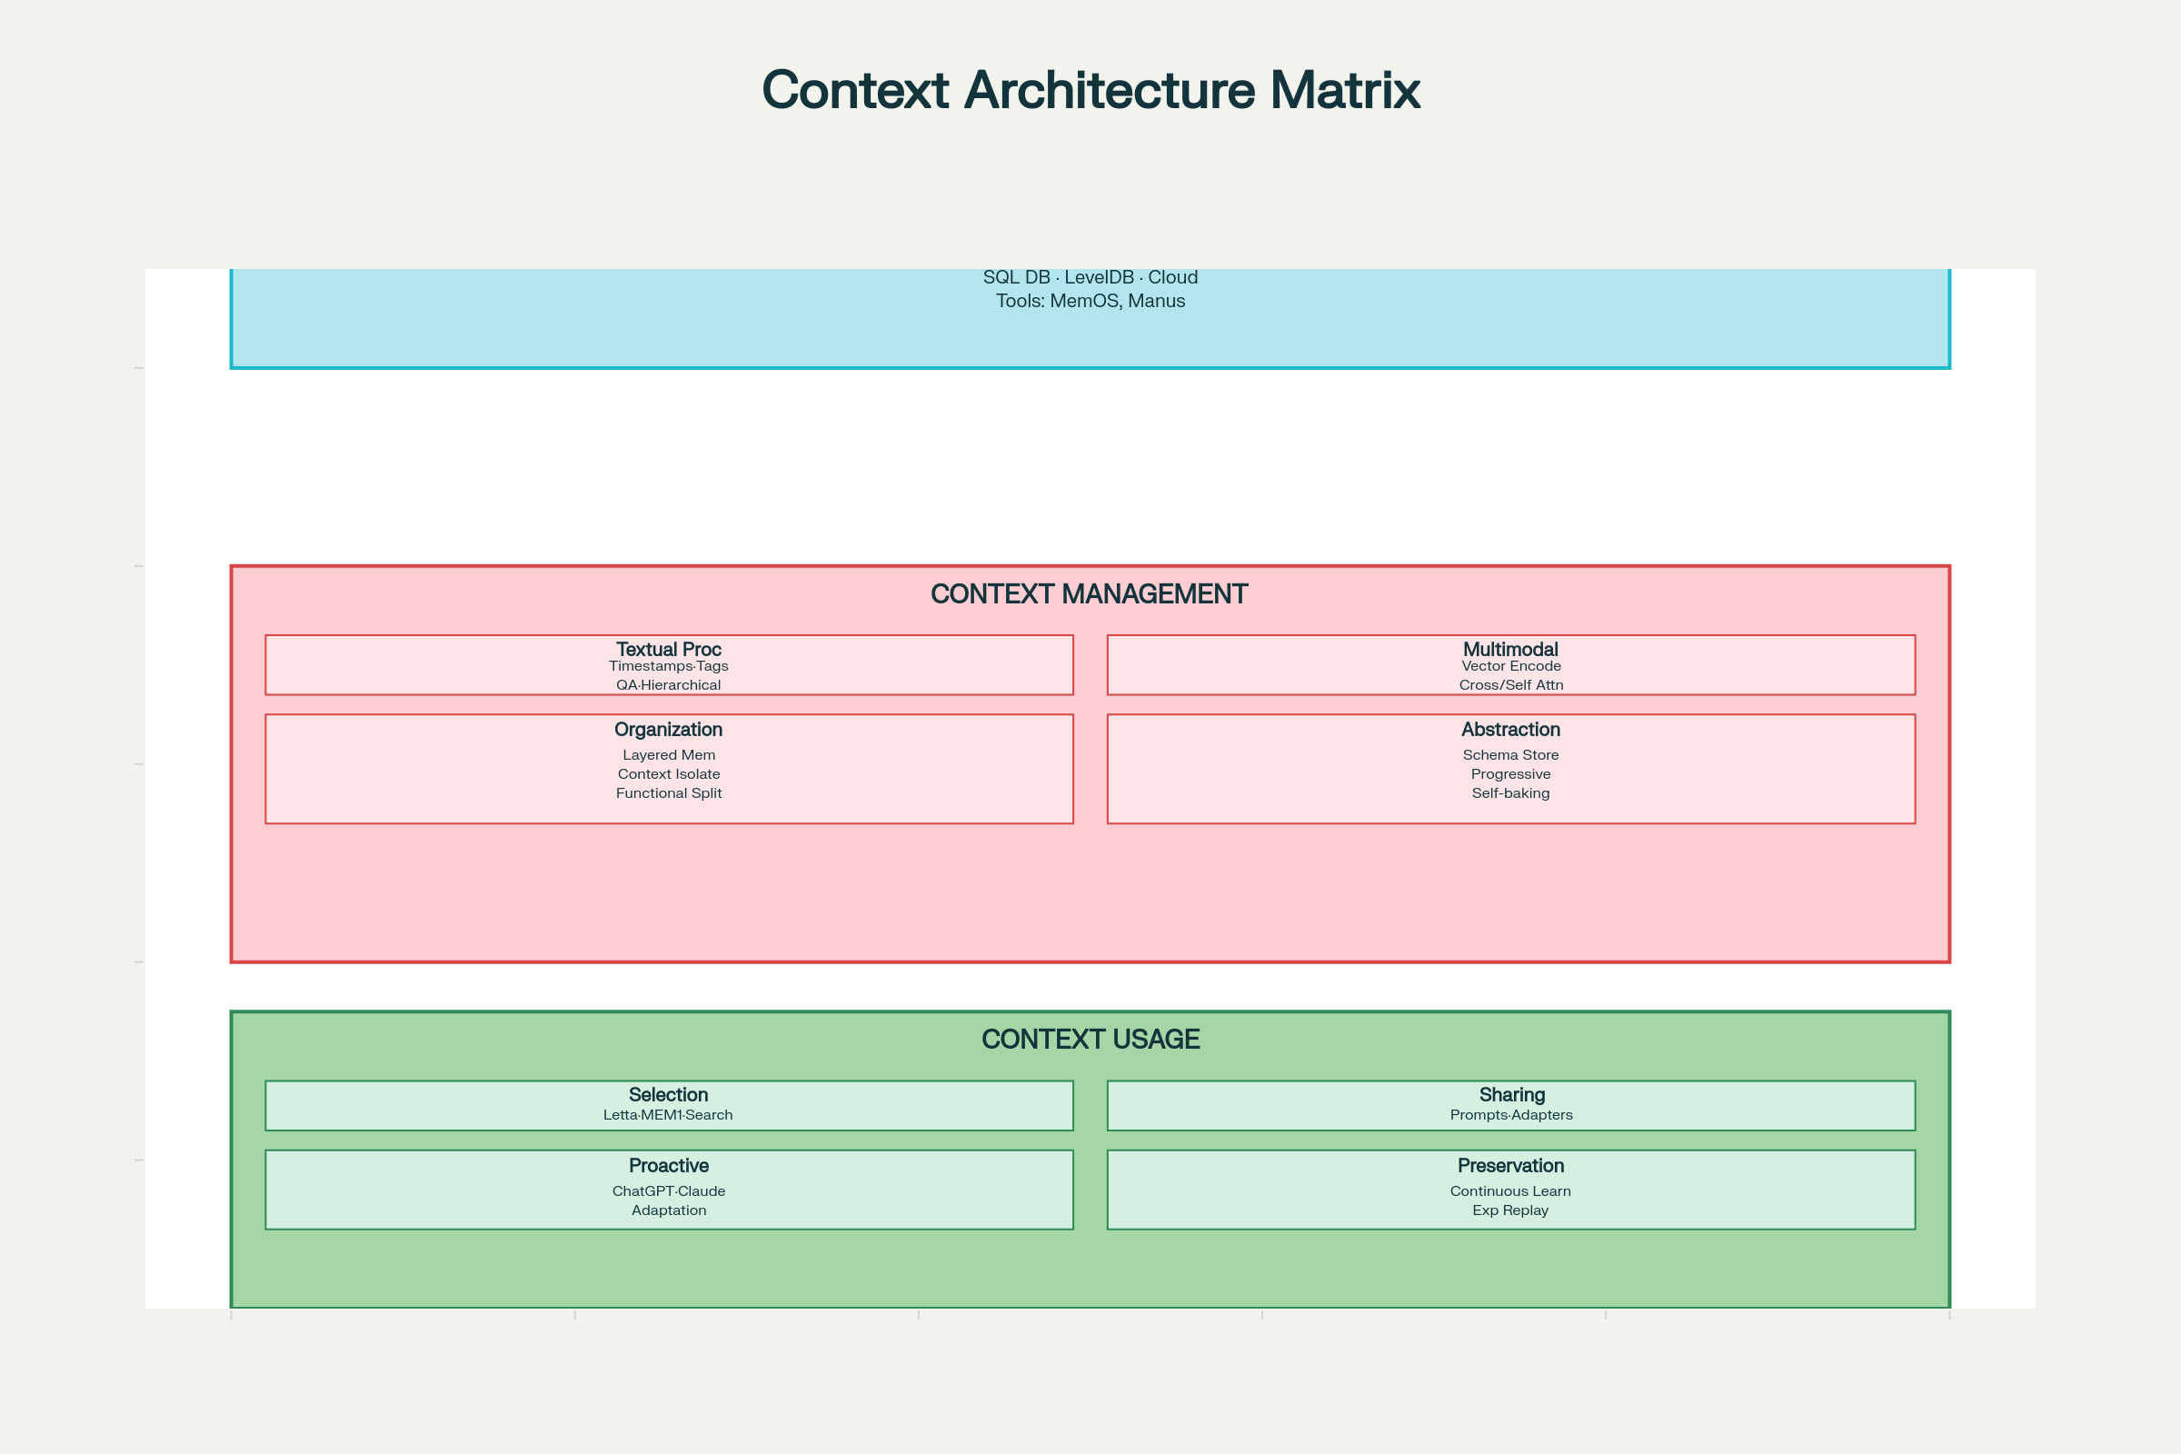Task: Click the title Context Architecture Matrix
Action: tap(1090, 90)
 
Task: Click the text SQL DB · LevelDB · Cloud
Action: tap(1090, 277)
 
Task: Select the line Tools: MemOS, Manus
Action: tap(1090, 302)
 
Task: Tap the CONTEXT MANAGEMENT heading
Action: tap(1090, 594)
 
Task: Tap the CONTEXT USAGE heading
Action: tap(1090, 1040)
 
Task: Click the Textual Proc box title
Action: tap(669, 649)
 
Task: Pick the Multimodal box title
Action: tap(1510, 649)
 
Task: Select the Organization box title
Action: tap(669, 730)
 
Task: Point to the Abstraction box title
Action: tap(1510, 730)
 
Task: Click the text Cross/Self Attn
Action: tap(1510, 685)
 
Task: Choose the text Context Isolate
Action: tap(669, 774)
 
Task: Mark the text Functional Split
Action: tap(669, 793)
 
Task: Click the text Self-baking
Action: tap(1510, 793)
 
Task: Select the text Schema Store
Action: tap(1510, 756)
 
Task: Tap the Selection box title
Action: tap(669, 1095)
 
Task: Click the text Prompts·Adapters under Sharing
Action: tap(1510, 1116)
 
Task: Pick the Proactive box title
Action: tap(669, 1166)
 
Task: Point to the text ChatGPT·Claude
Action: tap(669, 1191)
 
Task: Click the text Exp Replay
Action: tap(1510, 1211)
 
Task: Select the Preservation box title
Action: tap(1510, 1166)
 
